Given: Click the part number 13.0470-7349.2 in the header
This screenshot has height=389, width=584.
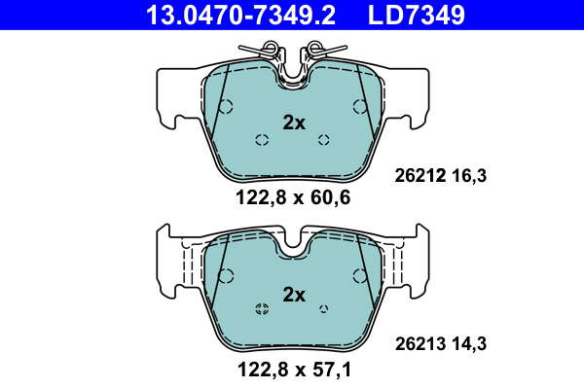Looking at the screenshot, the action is click(x=240, y=15).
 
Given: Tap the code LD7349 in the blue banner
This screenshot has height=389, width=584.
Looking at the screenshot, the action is click(x=417, y=15).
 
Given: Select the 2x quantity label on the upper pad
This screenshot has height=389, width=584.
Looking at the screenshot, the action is click(x=294, y=123).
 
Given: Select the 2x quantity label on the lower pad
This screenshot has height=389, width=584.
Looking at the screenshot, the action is click(x=294, y=295).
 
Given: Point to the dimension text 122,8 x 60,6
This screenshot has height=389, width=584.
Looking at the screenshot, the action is click(x=293, y=197).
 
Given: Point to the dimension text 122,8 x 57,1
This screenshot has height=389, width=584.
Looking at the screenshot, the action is click(x=294, y=370).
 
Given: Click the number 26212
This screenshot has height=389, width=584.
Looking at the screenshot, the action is click(x=420, y=175).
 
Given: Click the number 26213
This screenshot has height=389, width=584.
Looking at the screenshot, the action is click(x=420, y=343).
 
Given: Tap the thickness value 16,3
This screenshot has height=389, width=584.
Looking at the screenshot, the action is click(x=469, y=175).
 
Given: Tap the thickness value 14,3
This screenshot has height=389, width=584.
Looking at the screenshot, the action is click(x=469, y=343).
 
